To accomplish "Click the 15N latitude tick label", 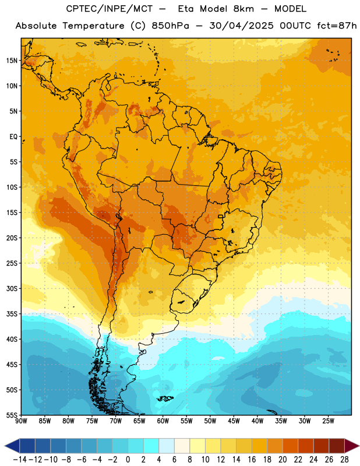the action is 12,61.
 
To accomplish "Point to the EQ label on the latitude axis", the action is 13,136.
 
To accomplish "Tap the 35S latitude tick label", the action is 12,314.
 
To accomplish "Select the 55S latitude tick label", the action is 12,415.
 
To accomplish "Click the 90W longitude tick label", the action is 21,421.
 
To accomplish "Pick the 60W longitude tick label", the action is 163,421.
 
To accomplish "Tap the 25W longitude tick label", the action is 328,421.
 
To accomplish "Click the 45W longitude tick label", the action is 234,421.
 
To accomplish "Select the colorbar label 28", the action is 344,460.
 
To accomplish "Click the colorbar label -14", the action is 20,460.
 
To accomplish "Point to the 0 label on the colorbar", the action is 128,460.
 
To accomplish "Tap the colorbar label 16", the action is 252,460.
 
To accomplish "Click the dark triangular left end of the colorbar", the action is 12,446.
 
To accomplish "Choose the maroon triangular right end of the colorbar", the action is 352,446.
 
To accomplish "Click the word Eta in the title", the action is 186,9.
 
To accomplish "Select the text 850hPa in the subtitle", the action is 170,26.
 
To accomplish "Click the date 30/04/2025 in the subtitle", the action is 241,26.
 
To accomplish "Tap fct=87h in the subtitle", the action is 337,26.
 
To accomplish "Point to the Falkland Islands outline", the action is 165,398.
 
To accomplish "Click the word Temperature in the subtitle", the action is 93,26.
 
